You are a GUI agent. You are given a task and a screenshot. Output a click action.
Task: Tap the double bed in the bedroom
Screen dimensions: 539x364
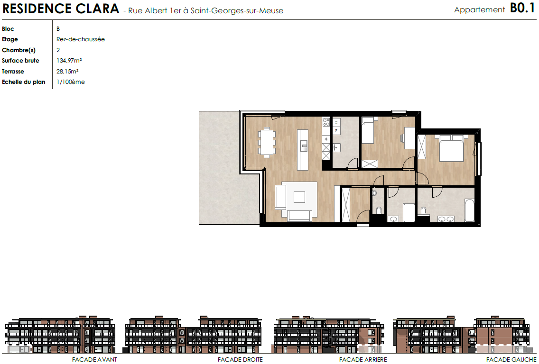coord(451,148)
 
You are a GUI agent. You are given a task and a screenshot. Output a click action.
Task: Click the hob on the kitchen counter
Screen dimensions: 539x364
coord(326,122)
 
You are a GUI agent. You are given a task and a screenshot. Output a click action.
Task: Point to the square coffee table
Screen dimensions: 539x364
coord(299,197)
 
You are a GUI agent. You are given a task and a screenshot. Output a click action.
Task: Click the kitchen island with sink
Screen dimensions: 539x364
coord(303,150)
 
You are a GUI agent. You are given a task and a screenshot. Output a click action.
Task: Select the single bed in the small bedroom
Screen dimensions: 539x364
coord(367,130)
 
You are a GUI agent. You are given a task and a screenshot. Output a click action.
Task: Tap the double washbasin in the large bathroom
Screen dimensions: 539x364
coord(446,219)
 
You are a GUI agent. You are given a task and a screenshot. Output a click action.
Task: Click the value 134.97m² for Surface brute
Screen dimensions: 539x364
coord(69,61)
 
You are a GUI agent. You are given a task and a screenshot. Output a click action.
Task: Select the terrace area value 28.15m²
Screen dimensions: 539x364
coord(67,72)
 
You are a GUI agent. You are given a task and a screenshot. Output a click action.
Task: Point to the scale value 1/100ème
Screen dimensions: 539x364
coord(71,82)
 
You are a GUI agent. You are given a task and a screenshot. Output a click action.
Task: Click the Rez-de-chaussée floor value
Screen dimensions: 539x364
coord(81,39)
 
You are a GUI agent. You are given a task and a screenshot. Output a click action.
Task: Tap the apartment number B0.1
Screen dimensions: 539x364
coord(522,8)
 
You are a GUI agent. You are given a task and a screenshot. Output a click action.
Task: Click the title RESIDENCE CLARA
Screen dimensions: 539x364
coord(61,9)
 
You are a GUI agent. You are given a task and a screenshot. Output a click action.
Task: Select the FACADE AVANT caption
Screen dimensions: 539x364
coord(94,360)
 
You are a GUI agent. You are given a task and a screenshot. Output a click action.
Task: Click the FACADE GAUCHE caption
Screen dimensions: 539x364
coord(511,360)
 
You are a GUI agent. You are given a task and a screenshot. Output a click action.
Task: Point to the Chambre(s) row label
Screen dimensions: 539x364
coord(19,50)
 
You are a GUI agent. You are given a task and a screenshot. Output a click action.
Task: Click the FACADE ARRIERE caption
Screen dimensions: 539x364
coord(363,360)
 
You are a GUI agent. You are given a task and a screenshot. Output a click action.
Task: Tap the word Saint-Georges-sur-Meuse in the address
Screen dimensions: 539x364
coord(237,10)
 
